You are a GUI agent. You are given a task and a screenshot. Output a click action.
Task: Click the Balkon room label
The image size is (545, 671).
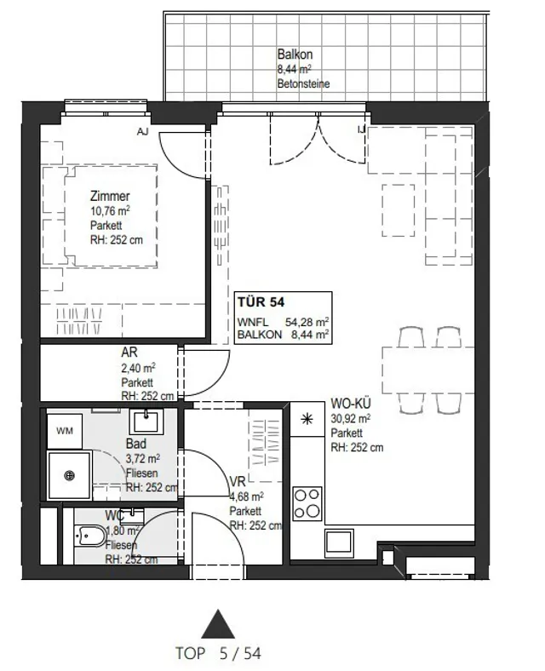tap(295, 54)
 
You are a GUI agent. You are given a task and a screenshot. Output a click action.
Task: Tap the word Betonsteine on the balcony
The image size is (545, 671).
tap(303, 83)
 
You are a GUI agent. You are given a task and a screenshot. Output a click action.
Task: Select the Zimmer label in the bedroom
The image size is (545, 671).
tap(110, 196)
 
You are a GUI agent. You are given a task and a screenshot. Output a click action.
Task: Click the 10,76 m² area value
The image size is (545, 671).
tap(110, 210)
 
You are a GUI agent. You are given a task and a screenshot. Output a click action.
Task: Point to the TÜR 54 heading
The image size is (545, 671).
tap(261, 302)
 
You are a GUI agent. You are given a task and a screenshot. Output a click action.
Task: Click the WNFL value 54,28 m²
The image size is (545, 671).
tap(307, 322)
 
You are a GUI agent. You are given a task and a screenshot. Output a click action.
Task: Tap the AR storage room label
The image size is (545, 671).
tap(129, 353)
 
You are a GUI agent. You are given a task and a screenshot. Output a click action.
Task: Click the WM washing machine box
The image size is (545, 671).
tap(65, 431)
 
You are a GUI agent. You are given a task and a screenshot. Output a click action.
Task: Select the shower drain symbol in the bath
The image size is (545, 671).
tap(70, 475)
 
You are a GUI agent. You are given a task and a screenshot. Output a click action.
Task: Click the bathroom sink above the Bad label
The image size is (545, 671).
tap(146, 422)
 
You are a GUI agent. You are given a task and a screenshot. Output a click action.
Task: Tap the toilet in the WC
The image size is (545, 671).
tap(90, 535)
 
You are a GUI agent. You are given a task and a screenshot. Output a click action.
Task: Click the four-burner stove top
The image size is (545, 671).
tap(307, 503)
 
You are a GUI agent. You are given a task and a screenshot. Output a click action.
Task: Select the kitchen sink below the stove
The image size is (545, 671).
tap(339, 542)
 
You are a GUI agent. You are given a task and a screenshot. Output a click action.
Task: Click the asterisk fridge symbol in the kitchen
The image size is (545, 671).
tap(307, 419)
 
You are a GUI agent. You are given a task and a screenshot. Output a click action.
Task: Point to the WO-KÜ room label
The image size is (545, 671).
tap(351, 403)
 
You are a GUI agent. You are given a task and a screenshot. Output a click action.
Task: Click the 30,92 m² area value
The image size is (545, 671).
tap(351, 418)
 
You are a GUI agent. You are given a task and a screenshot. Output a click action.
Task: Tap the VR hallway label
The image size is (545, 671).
tap(238, 481)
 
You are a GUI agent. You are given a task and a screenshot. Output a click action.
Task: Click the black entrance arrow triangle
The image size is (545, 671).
tap(218, 624)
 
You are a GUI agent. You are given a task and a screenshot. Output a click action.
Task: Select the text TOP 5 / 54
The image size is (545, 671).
tap(218, 653)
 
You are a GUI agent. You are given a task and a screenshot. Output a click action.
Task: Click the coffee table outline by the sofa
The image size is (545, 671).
tap(399, 210)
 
